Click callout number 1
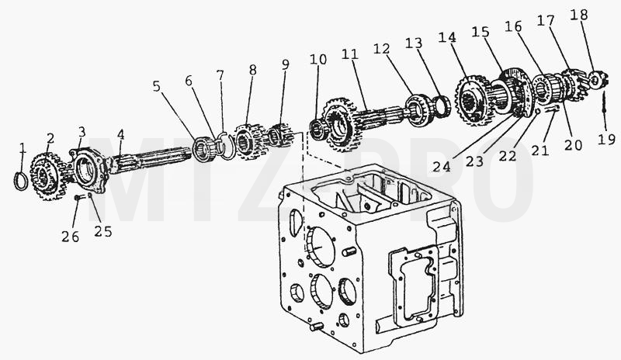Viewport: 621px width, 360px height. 23,148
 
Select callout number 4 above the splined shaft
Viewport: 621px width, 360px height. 121,134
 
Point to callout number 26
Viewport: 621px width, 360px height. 70,237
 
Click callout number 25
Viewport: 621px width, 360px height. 103,232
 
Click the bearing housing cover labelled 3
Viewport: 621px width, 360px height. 89,170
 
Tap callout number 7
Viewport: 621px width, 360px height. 220,74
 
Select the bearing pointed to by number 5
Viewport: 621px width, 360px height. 203,148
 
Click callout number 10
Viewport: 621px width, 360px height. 318,60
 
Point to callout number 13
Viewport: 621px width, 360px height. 414,43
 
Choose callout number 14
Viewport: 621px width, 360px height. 448,37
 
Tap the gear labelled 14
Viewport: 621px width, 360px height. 473,100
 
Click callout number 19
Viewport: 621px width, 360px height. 606,140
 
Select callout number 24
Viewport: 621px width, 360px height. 442,167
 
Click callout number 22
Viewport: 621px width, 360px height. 508,156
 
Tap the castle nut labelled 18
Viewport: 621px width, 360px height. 595,81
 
